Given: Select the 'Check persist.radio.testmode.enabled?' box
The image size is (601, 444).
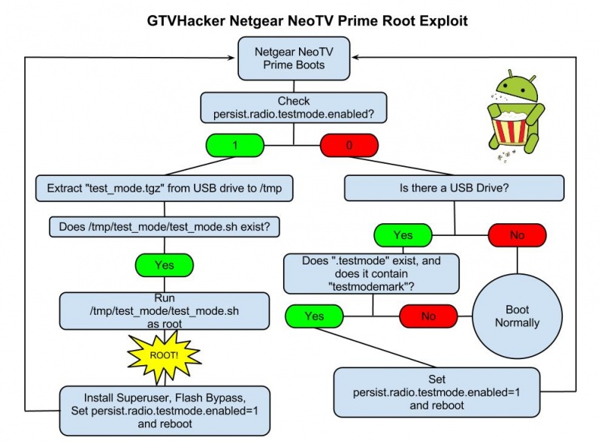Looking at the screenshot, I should point(294,107).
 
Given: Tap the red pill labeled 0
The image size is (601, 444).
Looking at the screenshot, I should point(349,146).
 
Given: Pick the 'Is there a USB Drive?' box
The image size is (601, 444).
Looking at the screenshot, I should point(454,188).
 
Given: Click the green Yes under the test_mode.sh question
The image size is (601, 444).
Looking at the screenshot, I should point(164,264).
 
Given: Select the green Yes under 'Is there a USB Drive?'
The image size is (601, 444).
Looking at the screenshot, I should point(403,236).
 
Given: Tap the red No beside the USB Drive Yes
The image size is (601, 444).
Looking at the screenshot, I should point(517,236).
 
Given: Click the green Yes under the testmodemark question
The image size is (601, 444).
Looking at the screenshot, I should point(314,316).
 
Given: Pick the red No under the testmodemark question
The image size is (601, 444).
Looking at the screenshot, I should point(428,316).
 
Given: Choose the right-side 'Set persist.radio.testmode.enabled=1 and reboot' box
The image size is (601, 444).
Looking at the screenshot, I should point(437,392).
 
